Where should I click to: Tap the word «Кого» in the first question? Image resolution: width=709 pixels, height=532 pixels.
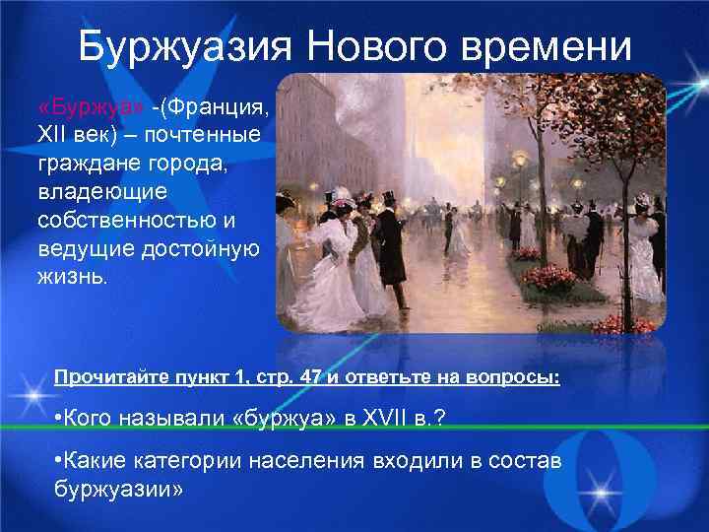click(x=91, y=419)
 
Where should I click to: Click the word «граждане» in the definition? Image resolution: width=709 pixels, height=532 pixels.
click(x=85, y=162)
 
